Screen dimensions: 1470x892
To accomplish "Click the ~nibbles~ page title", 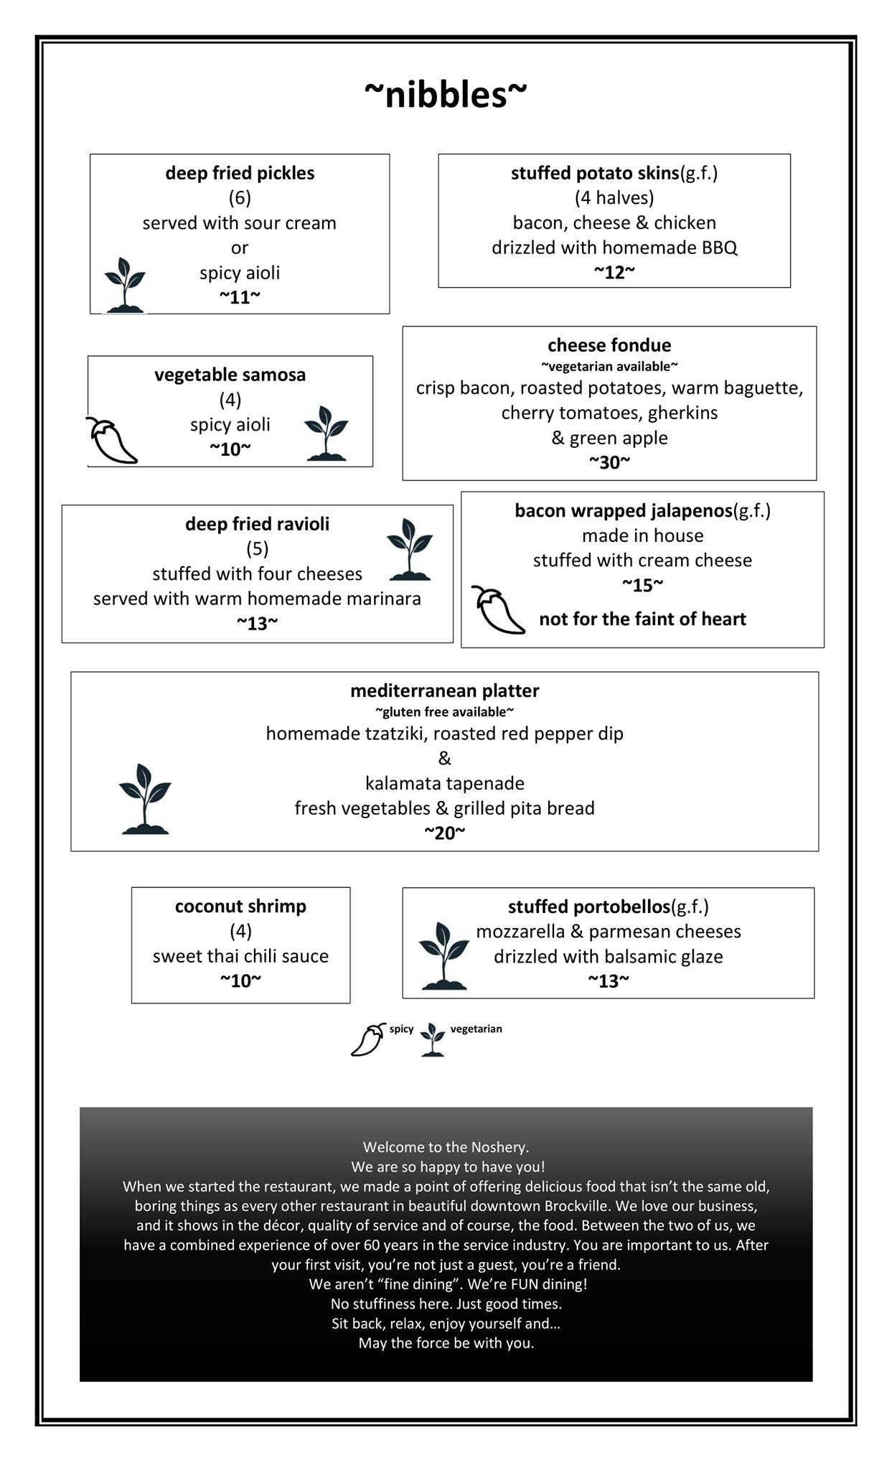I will point(445,95).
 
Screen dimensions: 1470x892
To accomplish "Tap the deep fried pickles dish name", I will point(240,173).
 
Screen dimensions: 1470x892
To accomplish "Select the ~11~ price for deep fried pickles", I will point(240,297).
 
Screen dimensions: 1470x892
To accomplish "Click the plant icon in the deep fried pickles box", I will point(125,285).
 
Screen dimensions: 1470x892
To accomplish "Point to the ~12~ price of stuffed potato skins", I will point(614,272).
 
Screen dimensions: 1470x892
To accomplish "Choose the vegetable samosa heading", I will point(230,375).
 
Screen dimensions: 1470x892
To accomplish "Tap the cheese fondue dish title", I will point(609,345).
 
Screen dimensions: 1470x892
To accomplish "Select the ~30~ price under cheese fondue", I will point(609,462).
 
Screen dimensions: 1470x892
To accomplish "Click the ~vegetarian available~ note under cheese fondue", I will point(609,367).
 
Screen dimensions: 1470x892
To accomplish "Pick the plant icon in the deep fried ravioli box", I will point(410,549).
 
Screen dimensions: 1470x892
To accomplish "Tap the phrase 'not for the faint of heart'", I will point(642,619).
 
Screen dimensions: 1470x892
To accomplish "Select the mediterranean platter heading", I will point(444,690).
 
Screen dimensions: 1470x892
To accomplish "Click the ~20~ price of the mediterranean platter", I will point(444,833).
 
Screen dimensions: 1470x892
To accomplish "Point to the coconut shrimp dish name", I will point(240,907).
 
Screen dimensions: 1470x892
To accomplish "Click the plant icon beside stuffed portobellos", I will point(444,955).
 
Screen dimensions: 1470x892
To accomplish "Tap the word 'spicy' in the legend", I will point(401,1029).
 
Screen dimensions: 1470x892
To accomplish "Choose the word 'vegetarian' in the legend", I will point(476,1029).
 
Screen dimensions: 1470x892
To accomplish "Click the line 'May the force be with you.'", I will point(446,1343).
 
